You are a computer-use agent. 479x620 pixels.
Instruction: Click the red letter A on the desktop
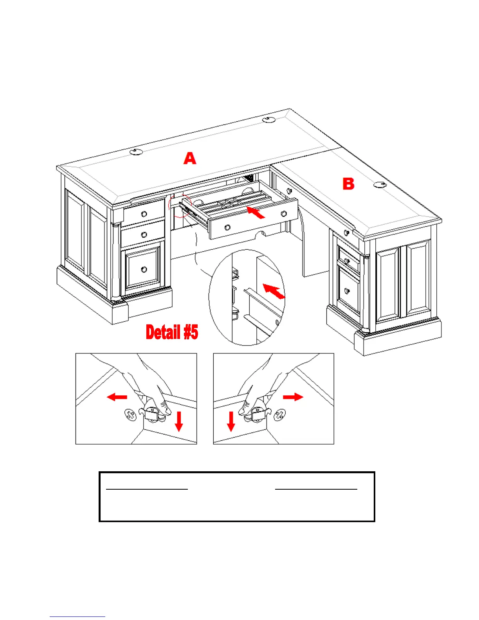click(x=190, y=159)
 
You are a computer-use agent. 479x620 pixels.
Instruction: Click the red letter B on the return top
click(x=348, y=184)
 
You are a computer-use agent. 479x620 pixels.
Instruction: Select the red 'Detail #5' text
click(x=172, y=332)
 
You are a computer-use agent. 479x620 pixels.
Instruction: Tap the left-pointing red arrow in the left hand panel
click(x=117, y=397)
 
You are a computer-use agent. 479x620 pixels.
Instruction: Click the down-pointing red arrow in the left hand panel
click(x=179, y=421)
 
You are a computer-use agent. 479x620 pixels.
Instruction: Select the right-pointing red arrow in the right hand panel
click(x=293, y=397)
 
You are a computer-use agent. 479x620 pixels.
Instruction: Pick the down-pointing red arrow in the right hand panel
click(x=231, y=421)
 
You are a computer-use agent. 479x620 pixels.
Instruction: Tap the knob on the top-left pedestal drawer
click(x=144, y=214)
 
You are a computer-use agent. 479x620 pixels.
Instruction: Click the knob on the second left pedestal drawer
click(x=144, y=234)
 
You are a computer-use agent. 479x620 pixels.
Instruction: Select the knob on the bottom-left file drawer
click(x=144, y=269)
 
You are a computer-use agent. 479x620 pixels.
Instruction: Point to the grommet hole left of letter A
click(x=136, y=151)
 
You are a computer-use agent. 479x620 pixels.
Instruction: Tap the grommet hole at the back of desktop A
click(x=268, y=119)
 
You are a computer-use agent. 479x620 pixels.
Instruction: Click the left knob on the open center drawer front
click(x=227, y=227)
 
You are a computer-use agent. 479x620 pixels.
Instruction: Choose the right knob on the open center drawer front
click(x=284, y=214)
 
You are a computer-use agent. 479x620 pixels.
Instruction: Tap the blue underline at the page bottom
click(x=77, y=617)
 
